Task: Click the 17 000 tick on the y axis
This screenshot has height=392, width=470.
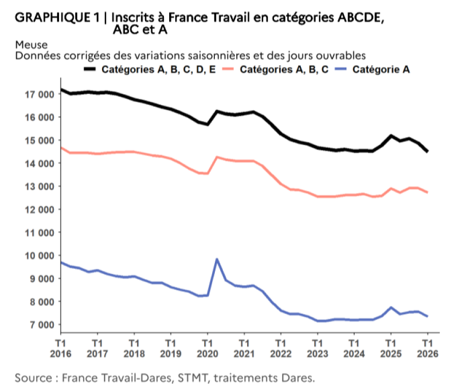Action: [x=40, y=94]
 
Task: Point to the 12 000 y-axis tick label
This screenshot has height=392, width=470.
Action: [x=40, y=209]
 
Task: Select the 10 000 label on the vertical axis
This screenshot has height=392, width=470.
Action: [x=40, y=255]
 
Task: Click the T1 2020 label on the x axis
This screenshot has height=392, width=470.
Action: [x=207, y=348]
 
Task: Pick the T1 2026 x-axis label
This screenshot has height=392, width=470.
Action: [x=428, y=348]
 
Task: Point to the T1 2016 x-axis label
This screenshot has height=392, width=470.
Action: [x=61, y=348]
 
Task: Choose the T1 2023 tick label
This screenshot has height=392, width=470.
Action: [x=317, y=348]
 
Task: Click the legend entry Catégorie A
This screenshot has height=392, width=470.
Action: [x=381, y=69]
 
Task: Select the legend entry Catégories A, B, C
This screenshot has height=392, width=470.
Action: [x=284, y=69]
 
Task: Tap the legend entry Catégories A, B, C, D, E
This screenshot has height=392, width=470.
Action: [x=159, y=69]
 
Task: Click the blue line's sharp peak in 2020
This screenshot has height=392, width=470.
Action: [x=217, y=259]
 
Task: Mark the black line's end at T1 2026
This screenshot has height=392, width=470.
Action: [x=428, y=152]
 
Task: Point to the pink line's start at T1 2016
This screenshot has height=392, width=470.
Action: [x=61, y=147]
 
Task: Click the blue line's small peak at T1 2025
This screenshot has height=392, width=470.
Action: [x=392, y=308]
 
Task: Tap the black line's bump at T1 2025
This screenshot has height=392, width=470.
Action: [x=391, y=136]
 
